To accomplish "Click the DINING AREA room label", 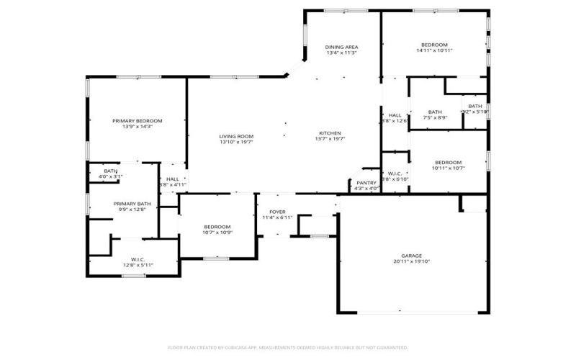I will point(342,47).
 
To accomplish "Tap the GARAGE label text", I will point(411,256).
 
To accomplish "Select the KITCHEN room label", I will point(330,133).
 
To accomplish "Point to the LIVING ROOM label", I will point(236,136).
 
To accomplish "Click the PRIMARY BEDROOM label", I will point(137,120).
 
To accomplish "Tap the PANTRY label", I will point(366,182).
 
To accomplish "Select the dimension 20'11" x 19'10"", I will point(411,262).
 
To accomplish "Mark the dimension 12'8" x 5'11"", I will point(138,265).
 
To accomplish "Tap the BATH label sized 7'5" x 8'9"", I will point(435,112).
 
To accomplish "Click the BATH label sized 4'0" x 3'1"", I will point(110,171).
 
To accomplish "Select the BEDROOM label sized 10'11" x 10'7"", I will point(448,162).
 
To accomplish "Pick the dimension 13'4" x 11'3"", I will point(342,53).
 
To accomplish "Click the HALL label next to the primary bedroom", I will point(173,179).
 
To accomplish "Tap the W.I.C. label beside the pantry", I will point(395,173).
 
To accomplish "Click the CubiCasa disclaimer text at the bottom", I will point(288,346).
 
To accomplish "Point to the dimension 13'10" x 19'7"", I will point(236,143).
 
